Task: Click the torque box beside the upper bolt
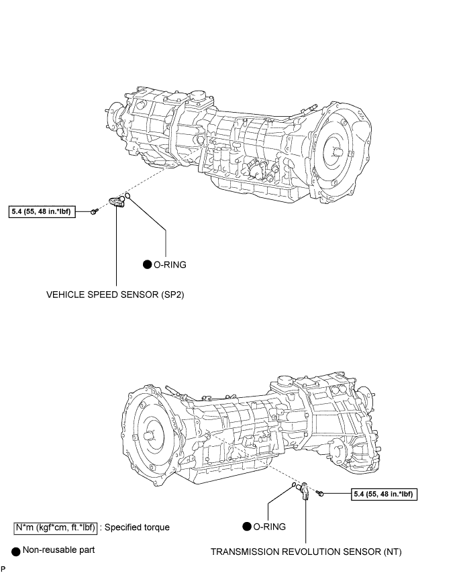[x=42, y=211]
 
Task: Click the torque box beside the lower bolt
[x=384, y=494]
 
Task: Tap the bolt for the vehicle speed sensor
[x=95, y=211]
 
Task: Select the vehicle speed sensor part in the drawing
[x=117, y=201]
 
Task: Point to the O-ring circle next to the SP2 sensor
[x=127, y=196]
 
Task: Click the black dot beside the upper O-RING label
[x=147, y=264]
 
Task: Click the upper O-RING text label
[x=170, y=264]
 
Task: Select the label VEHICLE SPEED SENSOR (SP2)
[x=115, y=295]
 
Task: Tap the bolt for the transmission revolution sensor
[x=320, y=493]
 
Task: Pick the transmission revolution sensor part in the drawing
[x=304, y=490]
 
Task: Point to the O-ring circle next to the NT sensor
[x=293, y=485]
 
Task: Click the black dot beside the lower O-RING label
[x=247, y=527]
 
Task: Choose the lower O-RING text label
[x=269, y=527]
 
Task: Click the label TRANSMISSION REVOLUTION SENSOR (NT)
[x=306, y=552]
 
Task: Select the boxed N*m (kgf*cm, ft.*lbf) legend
[x=56, y=527]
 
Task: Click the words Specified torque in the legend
[x=137, y=527]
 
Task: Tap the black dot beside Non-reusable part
[x=15, y=552]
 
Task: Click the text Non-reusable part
[x=58, y=550]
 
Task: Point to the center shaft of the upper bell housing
[x=338, y=152]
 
